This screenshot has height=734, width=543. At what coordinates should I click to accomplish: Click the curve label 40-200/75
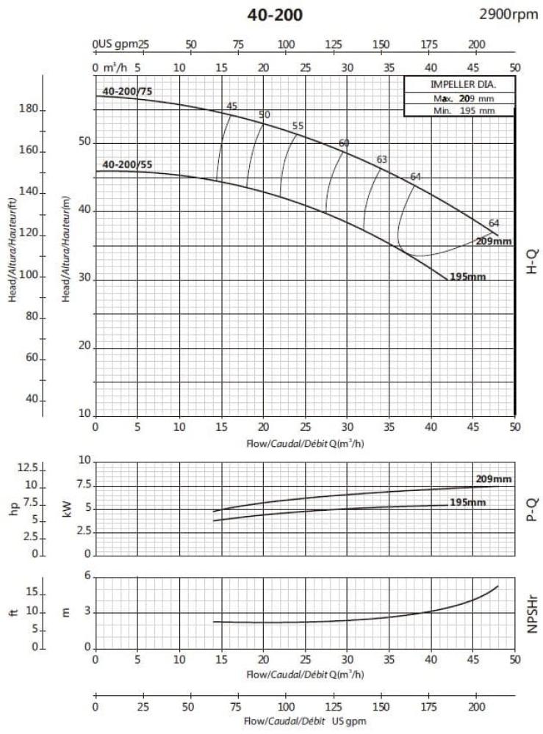pos(127,91)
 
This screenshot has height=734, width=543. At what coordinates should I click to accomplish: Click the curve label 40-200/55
pos(127,164)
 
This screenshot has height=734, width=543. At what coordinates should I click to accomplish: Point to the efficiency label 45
pos(232,106)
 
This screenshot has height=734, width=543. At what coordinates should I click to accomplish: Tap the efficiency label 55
pos(298,126)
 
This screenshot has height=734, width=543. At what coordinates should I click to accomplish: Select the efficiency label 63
pos(381,159)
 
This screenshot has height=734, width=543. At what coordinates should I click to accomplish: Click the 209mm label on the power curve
pos(493,479)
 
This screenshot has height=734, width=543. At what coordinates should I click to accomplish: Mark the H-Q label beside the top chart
pos(533,261)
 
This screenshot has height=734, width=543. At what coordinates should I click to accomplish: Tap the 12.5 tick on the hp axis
pos(26,468)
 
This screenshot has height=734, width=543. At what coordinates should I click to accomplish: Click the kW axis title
pos(67,508)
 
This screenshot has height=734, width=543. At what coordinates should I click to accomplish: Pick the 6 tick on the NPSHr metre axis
pos(87,576)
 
